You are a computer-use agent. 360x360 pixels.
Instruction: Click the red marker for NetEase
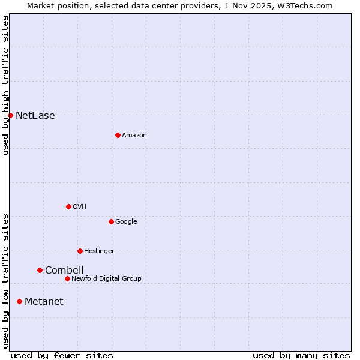(10, 115)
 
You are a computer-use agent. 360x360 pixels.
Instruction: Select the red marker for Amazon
(118, 135)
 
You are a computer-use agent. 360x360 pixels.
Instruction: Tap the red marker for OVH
(68, 206)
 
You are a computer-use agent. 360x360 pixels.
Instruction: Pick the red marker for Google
(111, 221)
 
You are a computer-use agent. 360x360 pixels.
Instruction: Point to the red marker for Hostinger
(80, 251)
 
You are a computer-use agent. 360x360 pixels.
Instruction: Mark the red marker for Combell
(40, 270)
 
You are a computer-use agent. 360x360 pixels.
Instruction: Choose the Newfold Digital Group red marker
(67, 278)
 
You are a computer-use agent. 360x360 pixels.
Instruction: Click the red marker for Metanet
(19, 301)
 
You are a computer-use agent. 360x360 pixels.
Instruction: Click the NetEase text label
(35, 116)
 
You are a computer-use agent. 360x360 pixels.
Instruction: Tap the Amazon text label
(134, 136)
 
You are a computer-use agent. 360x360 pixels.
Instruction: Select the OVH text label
(79, 207)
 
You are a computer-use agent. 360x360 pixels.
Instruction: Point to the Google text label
(126, 222)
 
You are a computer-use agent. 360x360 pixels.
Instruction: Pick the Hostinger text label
(99, 251)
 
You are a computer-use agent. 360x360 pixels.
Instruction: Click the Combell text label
(64, 271)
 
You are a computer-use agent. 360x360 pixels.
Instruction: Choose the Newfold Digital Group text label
(106, 279)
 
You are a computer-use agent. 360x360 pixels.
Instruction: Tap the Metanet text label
(44, 302)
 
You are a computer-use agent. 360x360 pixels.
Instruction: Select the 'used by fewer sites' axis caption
(62, 356)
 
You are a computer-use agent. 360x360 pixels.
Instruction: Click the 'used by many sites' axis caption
(301, 356)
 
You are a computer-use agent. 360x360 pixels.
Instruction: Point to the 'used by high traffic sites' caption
(5, 85)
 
